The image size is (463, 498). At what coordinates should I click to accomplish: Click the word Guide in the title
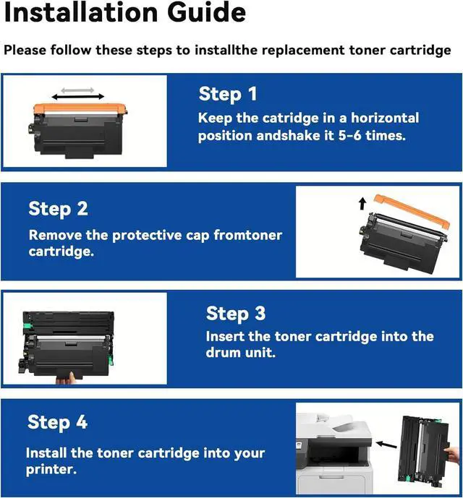click(206, 12)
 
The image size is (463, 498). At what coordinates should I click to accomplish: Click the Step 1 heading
click(228, 94)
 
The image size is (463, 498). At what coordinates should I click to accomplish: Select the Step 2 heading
click(58, 209)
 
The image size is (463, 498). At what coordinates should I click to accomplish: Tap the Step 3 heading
click(236, 314)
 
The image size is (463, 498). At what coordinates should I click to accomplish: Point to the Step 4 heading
click(58, 422)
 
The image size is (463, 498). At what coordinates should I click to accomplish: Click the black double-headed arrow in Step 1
click(78, 97)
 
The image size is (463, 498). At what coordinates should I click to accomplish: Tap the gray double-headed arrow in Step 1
click(77, 90)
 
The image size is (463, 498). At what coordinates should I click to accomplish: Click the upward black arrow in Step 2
click(362, 204)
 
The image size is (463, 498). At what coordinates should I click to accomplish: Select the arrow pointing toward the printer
click(386, 445)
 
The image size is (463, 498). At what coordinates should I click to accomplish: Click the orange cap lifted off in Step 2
click(412, 211)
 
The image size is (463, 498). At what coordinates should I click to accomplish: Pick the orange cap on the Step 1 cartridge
click(80, 108)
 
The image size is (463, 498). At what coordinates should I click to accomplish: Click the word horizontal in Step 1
click(385, 118)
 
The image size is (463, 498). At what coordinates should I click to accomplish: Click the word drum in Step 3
click(224, 353)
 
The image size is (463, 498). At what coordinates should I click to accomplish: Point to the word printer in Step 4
click(51, 469)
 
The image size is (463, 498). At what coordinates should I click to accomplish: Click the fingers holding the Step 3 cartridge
click(66, 378)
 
